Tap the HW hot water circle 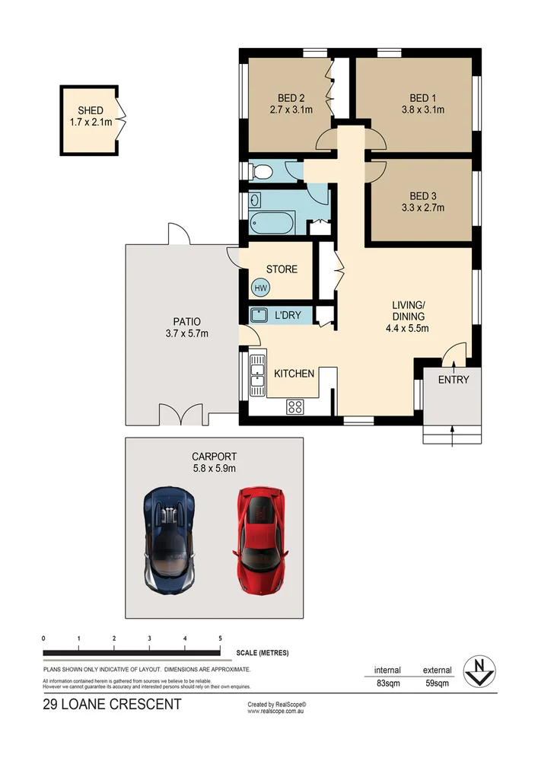pos(261,288)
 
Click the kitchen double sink pos(257,375)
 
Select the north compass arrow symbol pos(480,670)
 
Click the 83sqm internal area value pos(388,683)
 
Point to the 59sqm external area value pos(437,683)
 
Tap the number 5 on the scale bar pos(220,638)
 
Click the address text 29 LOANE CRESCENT pos(113,705)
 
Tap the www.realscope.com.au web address pos(277,712)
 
